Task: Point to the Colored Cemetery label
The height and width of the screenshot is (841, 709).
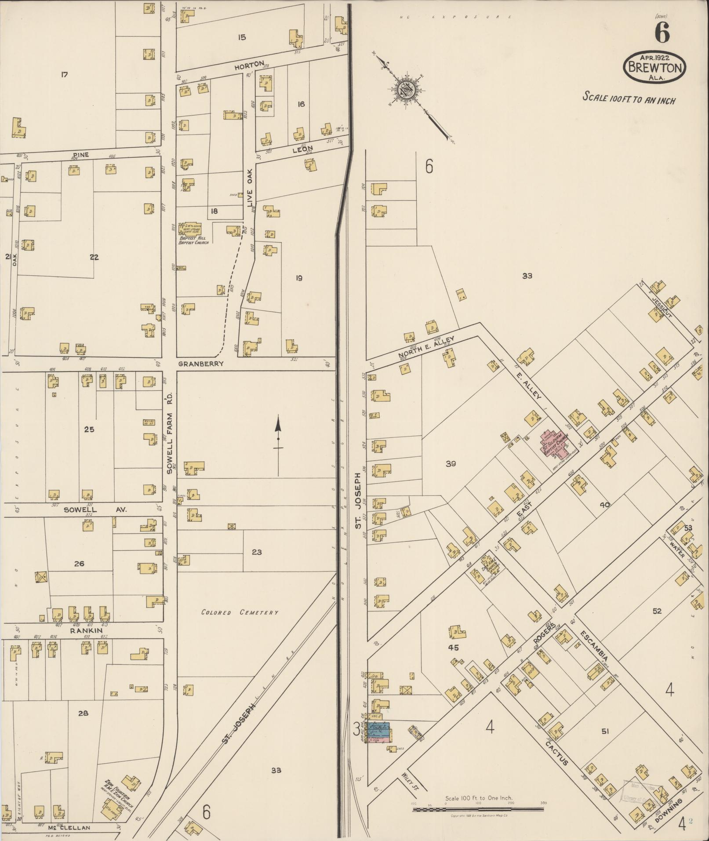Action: pyautogui.click(x=240, y=612)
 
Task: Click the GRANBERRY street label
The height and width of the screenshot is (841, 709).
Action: pyautogui.click(x=201, y=364)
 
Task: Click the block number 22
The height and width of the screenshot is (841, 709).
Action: pyautogui.click(x=94, y=257)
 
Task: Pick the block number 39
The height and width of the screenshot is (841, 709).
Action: pyautogui.click(x=451, y=463)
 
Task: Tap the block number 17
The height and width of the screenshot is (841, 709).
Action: pyautogui.click(x=64, y=75)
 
